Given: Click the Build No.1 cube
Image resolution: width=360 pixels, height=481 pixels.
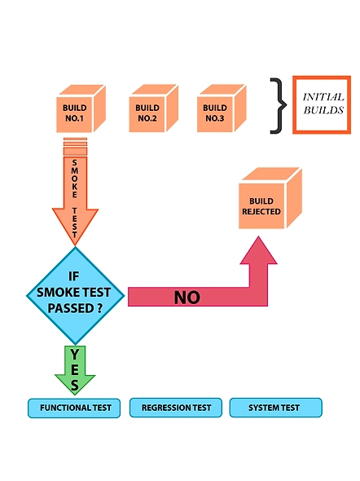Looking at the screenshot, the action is [81, 108].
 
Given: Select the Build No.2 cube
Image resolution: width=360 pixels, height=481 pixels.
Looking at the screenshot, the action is [153, 108].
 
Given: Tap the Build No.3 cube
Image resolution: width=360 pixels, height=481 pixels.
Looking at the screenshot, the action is [222, 108].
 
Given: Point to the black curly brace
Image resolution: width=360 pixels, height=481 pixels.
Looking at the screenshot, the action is [279, 105].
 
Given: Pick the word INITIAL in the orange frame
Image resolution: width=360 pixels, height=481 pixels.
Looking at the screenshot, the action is [323, 97].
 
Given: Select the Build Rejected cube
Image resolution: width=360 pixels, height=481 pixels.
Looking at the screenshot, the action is [270, 198].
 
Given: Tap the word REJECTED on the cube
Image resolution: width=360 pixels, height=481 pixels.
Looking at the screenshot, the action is [261, 212].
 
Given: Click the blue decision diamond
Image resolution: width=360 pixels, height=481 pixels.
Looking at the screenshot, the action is [76, 295].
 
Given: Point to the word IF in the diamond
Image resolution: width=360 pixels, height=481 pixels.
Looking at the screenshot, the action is [73, 276].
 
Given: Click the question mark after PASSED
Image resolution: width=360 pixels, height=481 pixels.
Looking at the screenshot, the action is [99, 307].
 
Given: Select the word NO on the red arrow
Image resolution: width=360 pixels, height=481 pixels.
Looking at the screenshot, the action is [187, 298].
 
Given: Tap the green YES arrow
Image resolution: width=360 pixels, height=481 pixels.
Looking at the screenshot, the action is [75, 370].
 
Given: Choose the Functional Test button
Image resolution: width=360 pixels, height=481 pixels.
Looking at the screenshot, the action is [74, 408].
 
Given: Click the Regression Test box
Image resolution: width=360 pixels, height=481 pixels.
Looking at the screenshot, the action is [176, 408].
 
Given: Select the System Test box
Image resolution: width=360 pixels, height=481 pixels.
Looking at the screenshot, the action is [276, 408].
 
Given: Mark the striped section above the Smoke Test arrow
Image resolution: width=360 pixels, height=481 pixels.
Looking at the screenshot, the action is [76, 147].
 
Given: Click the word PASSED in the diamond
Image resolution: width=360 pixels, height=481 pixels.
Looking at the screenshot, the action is [71, 308].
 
